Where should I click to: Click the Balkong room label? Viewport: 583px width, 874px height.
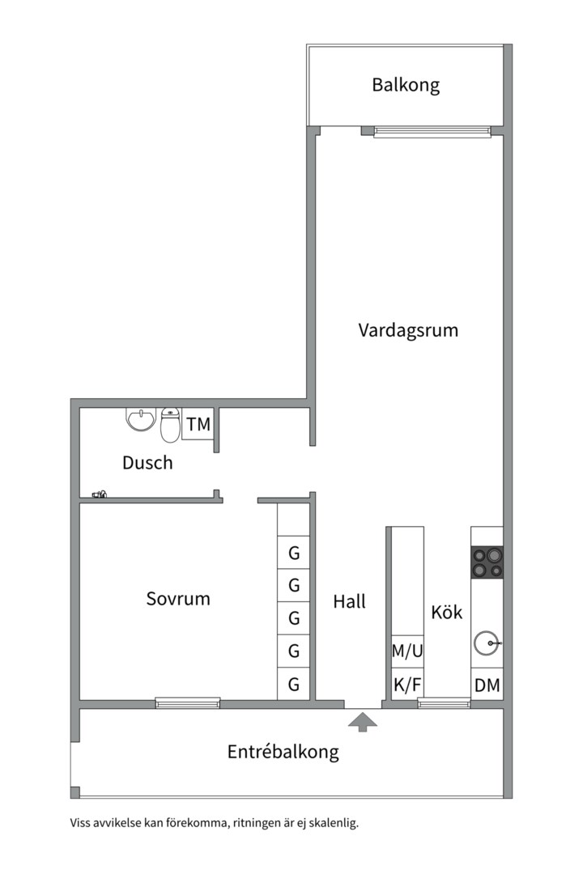click(406, 85)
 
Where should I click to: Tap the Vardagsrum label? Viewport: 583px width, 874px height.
click(408, 330)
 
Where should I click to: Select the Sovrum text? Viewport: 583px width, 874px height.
click(178, 599)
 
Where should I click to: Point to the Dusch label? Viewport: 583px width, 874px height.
click(147, 463)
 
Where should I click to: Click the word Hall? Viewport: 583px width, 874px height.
click(349, 601)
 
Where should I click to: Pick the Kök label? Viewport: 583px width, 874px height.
click(447, 612)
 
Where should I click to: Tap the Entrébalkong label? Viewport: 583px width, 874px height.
click(283, 752)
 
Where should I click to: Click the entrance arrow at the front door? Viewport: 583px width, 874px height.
click(363, 721)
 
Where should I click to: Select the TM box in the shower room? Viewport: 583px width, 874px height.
click(198, 424)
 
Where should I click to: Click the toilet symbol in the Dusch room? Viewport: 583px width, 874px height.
click(170, 425)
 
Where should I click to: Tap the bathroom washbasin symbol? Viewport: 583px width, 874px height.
click(141, 419)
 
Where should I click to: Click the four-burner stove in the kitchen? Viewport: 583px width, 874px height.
click(487, 562)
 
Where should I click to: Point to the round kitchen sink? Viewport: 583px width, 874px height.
click(487, 643)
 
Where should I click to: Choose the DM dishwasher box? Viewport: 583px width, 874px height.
click(487, 685)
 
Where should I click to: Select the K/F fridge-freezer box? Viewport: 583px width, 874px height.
click(407, 685)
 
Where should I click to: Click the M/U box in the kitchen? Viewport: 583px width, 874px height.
click(407, 651)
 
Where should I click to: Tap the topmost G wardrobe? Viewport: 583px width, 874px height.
click(293, 553)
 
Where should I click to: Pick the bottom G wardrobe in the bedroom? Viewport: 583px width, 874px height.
click(293, 684)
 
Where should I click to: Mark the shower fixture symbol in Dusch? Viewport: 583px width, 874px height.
click(100, 494)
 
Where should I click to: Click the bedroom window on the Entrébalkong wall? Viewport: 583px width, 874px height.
click(188, 703)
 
